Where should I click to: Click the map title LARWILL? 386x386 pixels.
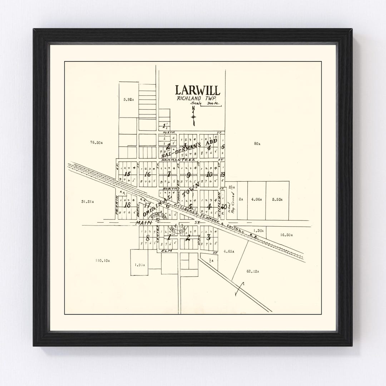[198, 90]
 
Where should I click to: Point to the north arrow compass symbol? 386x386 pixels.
[193, 116]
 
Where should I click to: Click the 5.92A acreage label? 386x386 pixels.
[128, 99]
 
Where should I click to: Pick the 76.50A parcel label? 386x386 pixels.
[96, 143]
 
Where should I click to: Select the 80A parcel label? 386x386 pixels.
[257, 144]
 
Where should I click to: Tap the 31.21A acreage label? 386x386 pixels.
[88, 202]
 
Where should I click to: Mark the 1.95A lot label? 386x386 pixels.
[140, 265]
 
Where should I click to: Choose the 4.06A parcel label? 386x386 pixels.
[257, 199]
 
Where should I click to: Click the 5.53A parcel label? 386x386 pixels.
[277, 199]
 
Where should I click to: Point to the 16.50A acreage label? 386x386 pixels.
[287, 235]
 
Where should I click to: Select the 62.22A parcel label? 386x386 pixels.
[252, 272]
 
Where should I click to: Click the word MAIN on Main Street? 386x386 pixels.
[142, 222]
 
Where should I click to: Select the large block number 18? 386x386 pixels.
[127, 205]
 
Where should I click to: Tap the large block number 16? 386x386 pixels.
[147, 174]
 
